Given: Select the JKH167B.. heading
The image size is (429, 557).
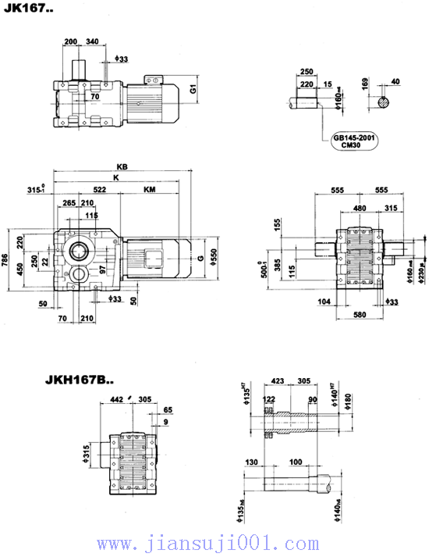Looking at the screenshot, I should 76,381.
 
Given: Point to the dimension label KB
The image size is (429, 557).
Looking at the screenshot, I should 121,166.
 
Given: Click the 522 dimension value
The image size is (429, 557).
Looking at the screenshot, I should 99,190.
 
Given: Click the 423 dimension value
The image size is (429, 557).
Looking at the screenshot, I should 278,382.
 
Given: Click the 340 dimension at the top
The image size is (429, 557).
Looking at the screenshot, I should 92,41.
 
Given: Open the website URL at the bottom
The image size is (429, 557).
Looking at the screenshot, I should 214,543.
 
